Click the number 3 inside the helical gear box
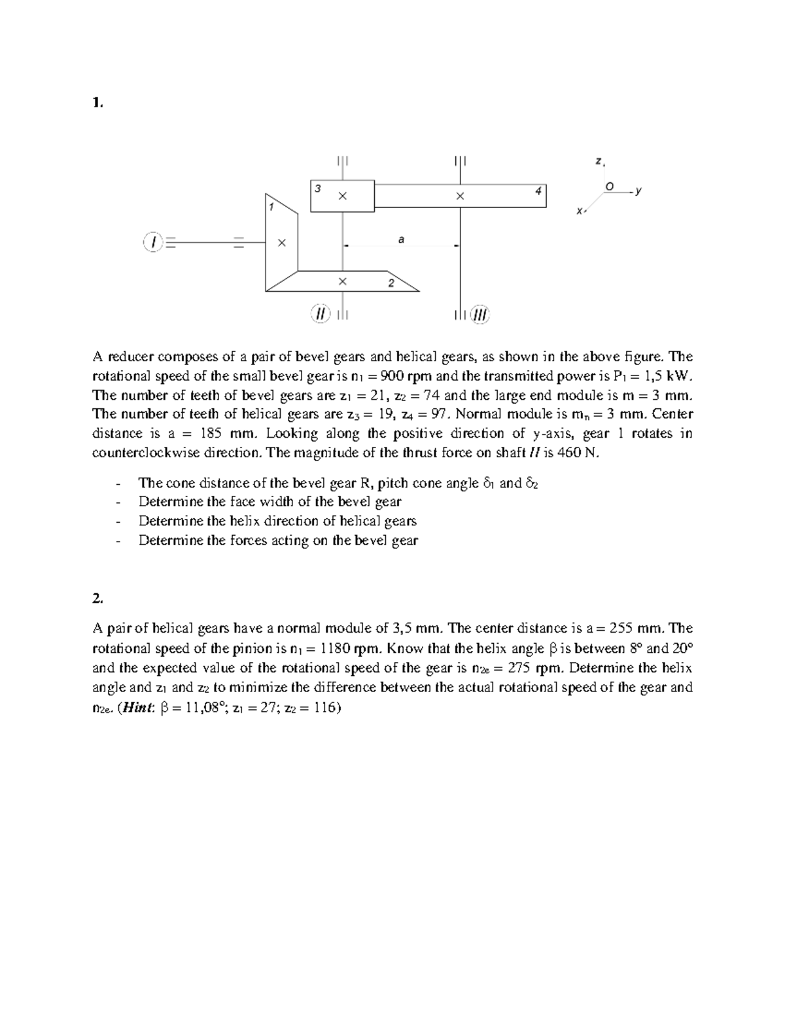click(x=318, y=188)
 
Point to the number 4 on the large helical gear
click(x=538, y=191)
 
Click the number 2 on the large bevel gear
click(x=391, y=283)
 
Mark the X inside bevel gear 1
click(x=281, y=243)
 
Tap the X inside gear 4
click(x=460, y=196)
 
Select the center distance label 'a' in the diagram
click(x=401, y=240)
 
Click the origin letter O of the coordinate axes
click(x=610, y=186)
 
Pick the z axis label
click(x=599, y=160)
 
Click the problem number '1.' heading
click(x=97, y=102)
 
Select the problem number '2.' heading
click(x=97, y=598)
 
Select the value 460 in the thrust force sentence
click(x=568, y=453)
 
